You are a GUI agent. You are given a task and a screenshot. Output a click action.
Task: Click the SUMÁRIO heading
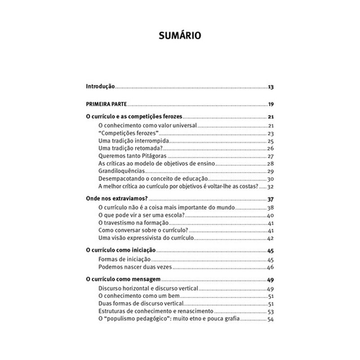click(180, 36)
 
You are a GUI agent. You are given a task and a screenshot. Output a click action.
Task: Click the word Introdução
click(100, 86)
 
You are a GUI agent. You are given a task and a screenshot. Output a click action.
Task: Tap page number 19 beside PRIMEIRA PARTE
click(271, 104)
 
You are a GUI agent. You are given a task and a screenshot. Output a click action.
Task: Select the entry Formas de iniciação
click(124, 260)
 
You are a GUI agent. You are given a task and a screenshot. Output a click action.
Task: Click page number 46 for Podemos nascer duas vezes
click(271, 267)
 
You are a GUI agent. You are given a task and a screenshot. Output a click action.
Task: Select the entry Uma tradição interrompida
click(130, 141)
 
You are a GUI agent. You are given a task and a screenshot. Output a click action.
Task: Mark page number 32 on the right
click(271, 186)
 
